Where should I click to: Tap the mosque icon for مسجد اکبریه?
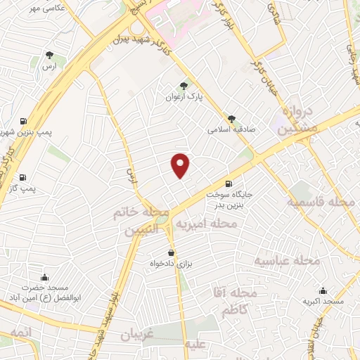click(323, 290)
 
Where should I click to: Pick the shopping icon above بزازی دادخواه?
click(171, 252)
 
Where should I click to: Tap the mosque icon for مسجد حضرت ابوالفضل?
click(46, 276)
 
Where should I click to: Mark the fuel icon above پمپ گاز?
click(23, 177)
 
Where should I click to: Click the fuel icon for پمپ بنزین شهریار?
click(25, 121)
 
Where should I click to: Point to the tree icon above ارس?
click(49, 54)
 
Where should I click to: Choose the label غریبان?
click(136, 335)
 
